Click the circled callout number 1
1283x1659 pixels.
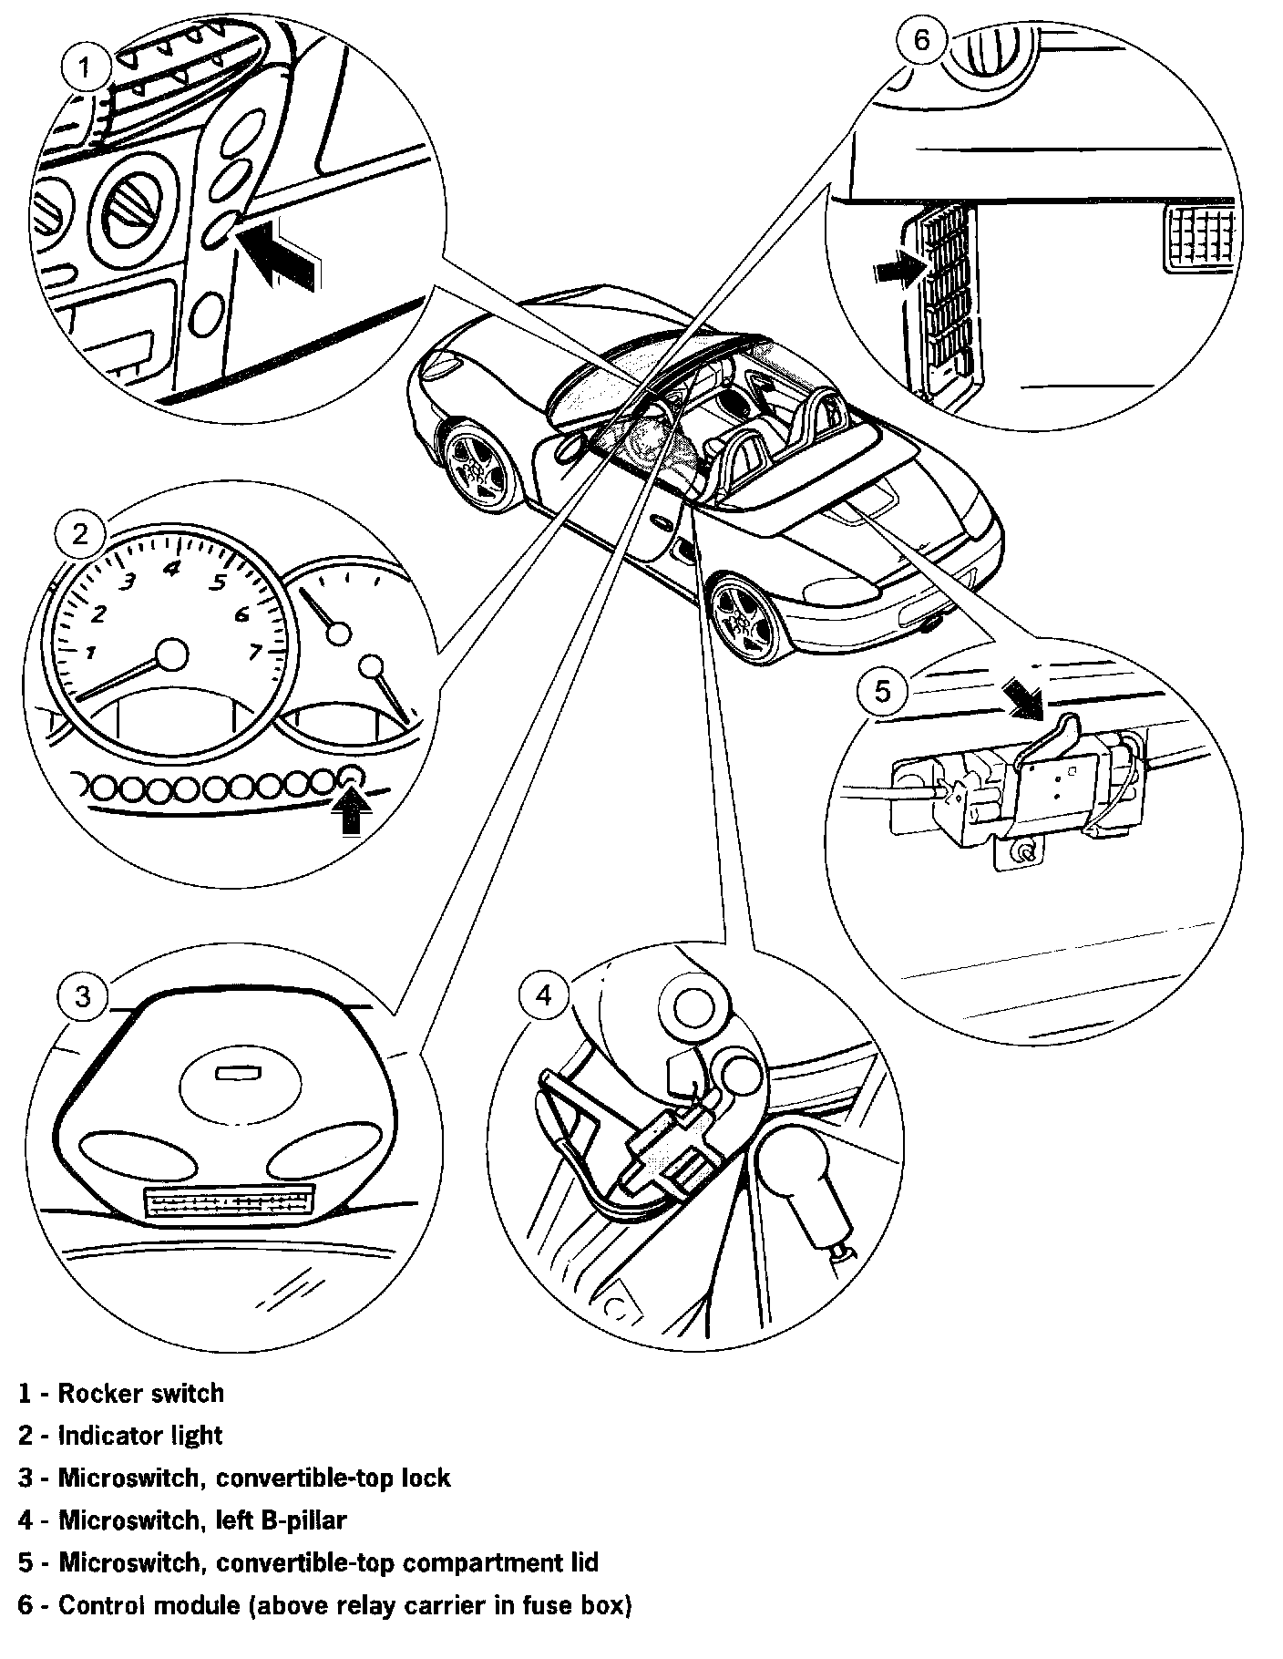84,67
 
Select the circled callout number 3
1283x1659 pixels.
83,996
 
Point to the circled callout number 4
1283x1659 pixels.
544,994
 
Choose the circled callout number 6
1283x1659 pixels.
923,42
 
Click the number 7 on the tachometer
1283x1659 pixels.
255,651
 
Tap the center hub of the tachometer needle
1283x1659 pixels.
171,654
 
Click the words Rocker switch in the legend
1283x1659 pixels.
140,1393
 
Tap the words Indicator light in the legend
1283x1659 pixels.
140,1435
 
